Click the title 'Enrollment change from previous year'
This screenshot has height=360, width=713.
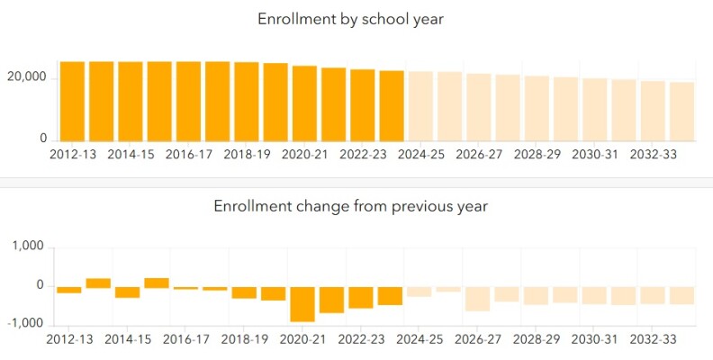350,206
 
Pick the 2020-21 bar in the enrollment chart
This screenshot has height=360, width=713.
304,103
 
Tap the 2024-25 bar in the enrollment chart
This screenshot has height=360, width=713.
420,106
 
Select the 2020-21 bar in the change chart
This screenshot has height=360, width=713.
302,303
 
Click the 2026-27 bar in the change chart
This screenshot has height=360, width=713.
478,299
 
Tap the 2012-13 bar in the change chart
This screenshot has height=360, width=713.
69,290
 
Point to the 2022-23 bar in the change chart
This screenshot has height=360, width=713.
361,297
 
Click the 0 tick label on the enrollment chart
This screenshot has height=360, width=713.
42,139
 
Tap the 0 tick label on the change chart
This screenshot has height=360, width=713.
39,285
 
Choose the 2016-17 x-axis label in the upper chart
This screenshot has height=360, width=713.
188,154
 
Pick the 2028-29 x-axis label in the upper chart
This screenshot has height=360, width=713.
537,154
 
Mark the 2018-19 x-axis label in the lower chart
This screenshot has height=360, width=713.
245,339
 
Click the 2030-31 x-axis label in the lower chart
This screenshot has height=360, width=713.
594,339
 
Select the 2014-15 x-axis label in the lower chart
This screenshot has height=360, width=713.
130,339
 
